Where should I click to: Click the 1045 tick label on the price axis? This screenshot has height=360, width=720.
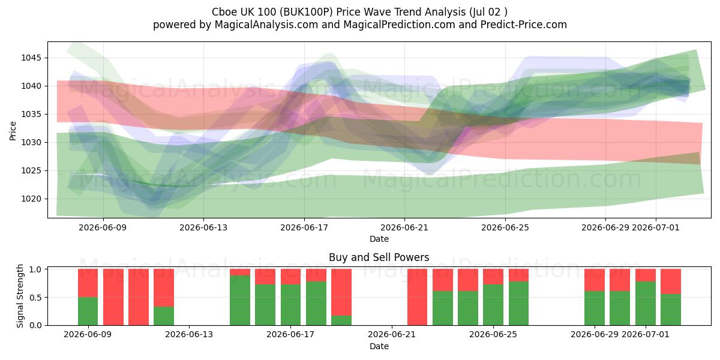pos(32,58)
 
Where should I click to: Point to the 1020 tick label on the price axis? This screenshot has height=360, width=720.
pos(32,199)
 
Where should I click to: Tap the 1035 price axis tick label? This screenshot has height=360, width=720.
pos(32,115)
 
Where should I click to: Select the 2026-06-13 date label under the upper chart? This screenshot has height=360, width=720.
pos(203,227)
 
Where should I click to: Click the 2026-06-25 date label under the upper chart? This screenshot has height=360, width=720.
pos(505,227)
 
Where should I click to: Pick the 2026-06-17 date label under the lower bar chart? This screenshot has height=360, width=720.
pos(290,335)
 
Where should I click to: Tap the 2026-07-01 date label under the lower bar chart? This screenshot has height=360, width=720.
pos(646,335)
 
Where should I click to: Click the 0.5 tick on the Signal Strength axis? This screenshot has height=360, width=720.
pos(35,298)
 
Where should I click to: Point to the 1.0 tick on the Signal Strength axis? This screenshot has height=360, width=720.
pos(35,269)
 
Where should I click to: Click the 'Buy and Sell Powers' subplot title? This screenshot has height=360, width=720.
pos(379,257)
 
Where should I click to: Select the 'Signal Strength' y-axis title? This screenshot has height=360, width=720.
pos(20,296)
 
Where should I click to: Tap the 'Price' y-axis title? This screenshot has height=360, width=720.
pos(13,131)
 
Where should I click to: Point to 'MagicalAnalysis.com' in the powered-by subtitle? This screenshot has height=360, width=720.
pos(266,25)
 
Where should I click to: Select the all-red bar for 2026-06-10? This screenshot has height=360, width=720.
pos(113,297)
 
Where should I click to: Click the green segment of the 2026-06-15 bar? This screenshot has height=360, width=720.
pos(240,300)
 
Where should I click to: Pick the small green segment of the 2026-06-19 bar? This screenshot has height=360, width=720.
pos(341,320)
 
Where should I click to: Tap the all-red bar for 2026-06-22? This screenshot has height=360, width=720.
pos(417,297)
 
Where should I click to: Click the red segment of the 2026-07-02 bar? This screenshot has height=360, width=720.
pos(671,281)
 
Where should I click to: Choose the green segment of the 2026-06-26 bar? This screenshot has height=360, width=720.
pos(518,304)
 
